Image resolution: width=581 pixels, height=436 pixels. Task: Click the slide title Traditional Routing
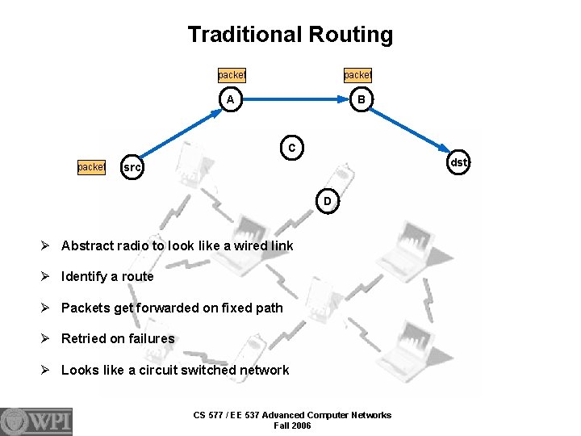point(290,35)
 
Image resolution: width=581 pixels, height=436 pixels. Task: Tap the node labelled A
point(231,99)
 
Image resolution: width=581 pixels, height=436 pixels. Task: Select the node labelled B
point(362,99)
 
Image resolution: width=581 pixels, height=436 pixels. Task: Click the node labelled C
point(291,147)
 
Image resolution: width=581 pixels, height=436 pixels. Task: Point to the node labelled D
point(327,199)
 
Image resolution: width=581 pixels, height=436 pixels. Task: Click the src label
point(131,167)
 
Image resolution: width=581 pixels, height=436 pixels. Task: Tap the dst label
point(458,162)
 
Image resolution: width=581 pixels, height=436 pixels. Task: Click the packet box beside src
point(91,167)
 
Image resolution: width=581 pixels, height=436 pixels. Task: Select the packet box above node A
point(232,74)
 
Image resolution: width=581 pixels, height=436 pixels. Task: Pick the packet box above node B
point(357,74)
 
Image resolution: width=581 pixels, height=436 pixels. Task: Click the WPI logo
point(36,421)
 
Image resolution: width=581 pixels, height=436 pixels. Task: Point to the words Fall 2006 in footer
point(292,426)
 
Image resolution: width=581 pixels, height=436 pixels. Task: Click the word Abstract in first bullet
point(85,245)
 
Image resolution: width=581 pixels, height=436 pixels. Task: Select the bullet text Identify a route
point(107,276)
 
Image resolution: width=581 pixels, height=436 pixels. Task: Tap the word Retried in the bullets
point(83,338)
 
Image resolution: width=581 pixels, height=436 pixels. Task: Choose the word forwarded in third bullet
point(174,308)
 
